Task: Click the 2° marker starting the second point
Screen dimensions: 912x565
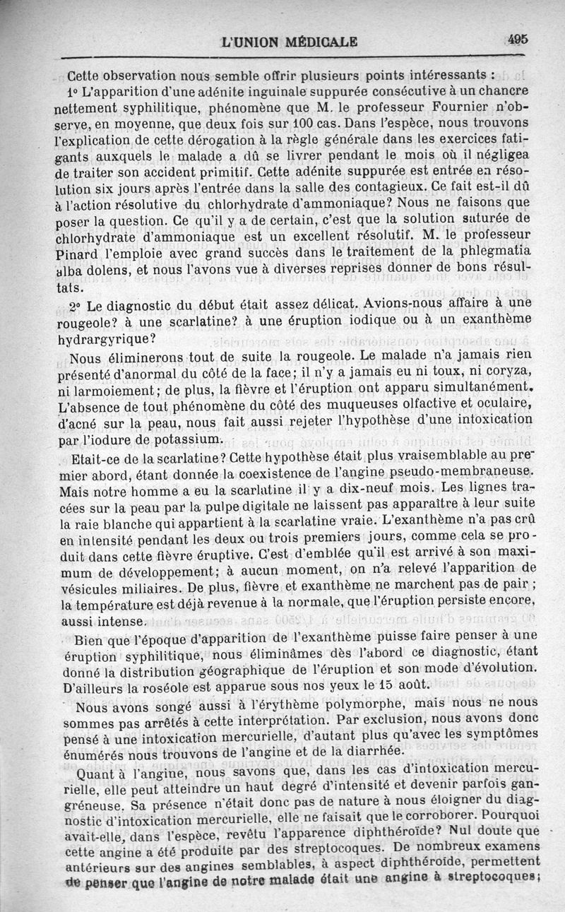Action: tap(76, 304)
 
